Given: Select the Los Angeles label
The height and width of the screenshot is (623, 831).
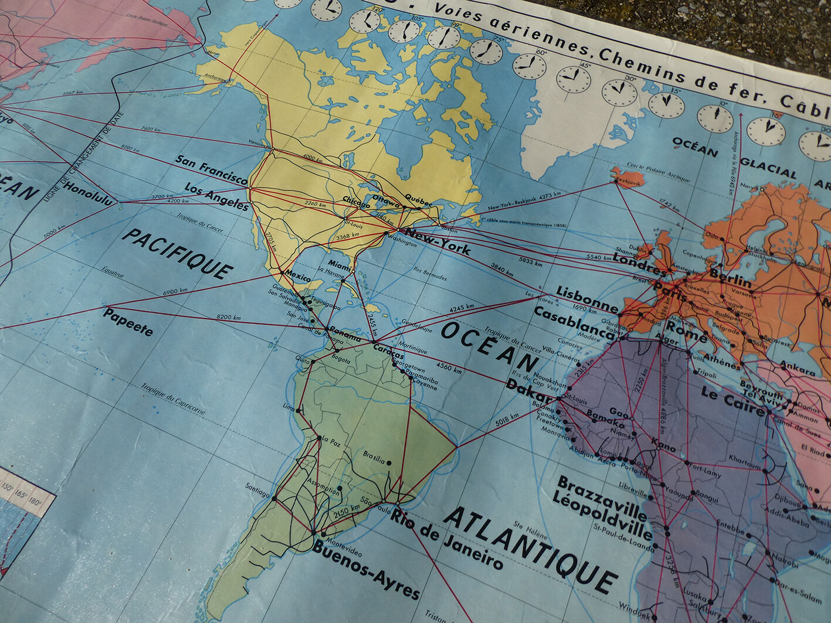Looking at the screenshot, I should click(216, 196).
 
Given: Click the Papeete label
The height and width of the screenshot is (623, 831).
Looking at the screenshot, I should click(128, 321).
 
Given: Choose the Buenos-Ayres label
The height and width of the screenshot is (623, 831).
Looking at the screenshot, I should click(365, 570).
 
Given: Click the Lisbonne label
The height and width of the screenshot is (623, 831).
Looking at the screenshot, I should click(586, 298).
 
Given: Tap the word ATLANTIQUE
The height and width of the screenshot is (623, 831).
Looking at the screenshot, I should click(530, 549).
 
